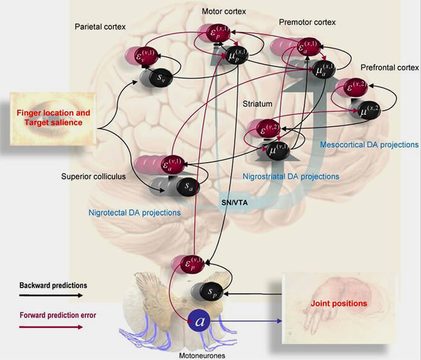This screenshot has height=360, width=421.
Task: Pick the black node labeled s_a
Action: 186,185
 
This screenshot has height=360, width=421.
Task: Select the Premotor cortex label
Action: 307,22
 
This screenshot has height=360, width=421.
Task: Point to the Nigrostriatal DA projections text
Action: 290,177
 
